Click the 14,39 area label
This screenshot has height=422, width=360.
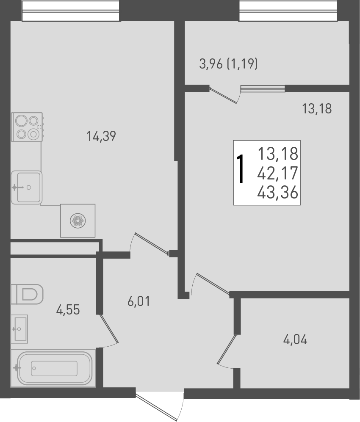coord(101,136)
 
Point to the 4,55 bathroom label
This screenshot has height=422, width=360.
coord(68,310)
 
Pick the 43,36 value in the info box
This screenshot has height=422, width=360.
coord(278,193)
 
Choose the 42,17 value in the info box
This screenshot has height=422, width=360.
coord(278,173)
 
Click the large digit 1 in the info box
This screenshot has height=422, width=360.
coord(241,169)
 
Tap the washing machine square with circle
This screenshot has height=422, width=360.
coord(78,220)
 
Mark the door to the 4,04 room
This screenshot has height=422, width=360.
coord(227,350)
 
